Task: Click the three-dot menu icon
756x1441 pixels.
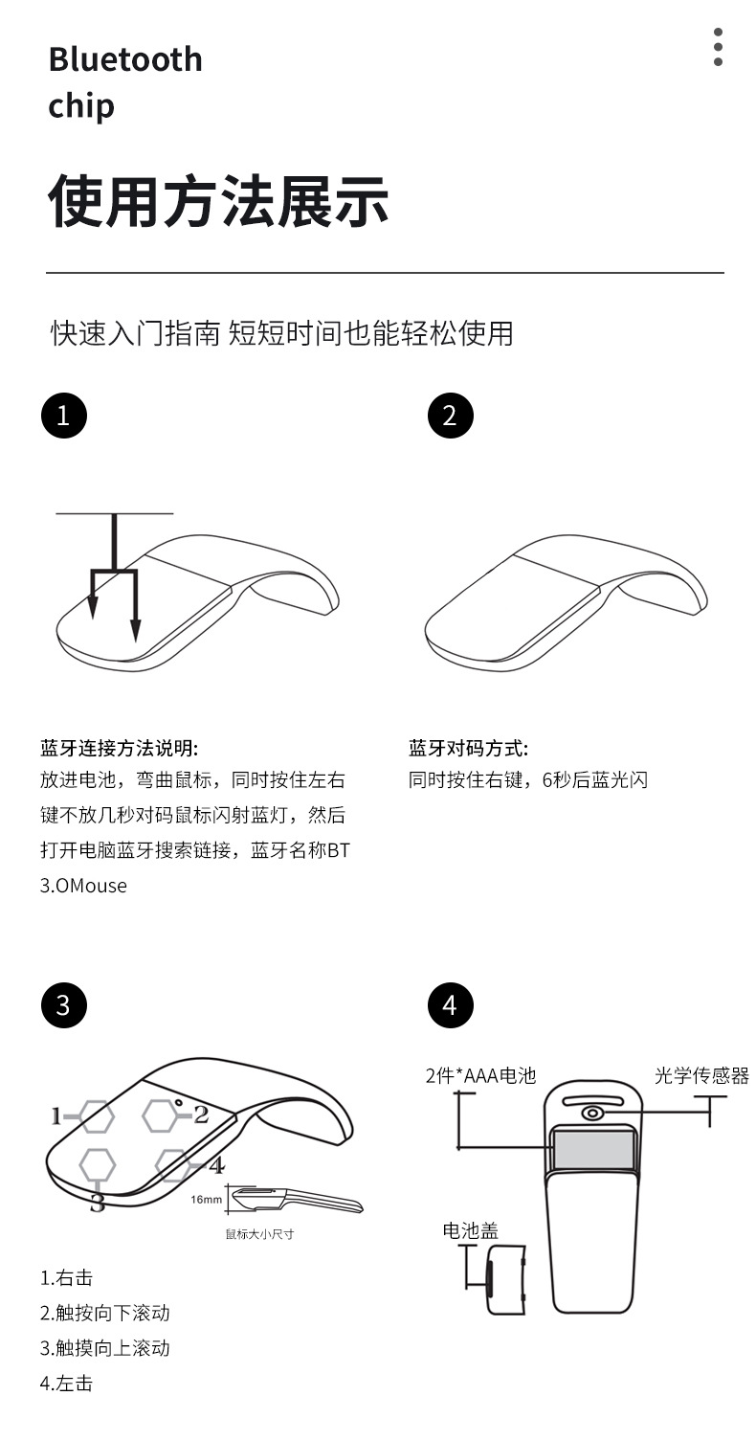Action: pyautogui.click(x=718, y=47)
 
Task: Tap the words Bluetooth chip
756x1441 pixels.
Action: pyautogui.click(x=125, y=81)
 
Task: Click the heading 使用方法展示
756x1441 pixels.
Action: pyautogui.click(x=219, y=202)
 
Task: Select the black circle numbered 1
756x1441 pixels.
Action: pyautogui.click(x=63, y=416)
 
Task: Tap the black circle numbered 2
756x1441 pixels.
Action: pyautogui.click(x=450, y=416)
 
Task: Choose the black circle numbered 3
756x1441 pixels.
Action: pyautogui.click(x=63, y=1005)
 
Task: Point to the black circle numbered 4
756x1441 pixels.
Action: pyautogui.click(x=450, y=1005)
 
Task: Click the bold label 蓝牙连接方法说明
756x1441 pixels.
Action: pyautogui.click(x=119, y=748)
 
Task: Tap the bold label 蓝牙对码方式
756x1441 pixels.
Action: pyautogui.click(x=468, y=748)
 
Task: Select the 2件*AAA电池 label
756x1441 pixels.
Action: pyautogui.click(x=480, y=1075)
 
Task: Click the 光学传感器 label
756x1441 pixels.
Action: pyautogui.click(x=701, y=1075)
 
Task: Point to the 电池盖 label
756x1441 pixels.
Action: pyautogui.click(x=470, y=1230)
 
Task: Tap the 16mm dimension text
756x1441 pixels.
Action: pyautogui.click(x=206, y=1200)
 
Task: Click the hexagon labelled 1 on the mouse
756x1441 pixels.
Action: pyautogui.click(x=97, y=1115)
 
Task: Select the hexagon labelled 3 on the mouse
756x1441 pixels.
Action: pyautogui.click(x=98, y=1164)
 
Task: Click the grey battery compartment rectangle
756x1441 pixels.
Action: pyautogui.click(x=593, y=1149)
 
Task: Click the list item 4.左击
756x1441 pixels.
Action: pyautogui.click(x=66, y=1383)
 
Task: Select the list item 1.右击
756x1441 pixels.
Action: pyautogui.click(x=66, y=1277)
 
